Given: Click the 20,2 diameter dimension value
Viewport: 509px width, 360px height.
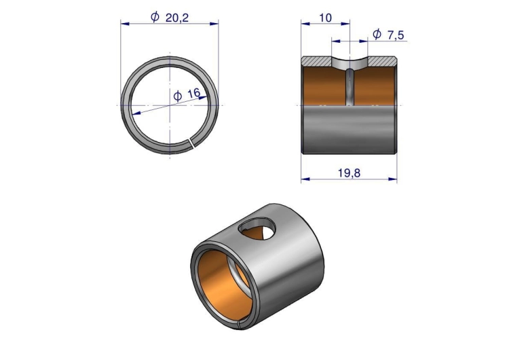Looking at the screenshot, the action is pyautogui.click(x=177, y=18).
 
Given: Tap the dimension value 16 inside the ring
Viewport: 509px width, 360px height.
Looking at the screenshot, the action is pyautogui.click(x=194, y=94).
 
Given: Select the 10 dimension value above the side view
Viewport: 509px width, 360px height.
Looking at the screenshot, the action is pyautogui.click(x=325, y=18).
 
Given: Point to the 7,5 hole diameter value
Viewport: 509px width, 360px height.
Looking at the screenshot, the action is pyautogui.click(x=396, y=35).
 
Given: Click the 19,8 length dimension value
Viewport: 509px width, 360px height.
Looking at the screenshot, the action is pyautogui.click(x=349, y=173).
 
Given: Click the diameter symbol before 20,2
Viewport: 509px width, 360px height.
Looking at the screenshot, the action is pyautogui.click(x=155, y=17).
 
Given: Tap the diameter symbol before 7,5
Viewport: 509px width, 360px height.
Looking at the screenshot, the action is pyautogui.click(x=377, y=34).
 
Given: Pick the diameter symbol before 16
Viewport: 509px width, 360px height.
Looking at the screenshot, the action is pyautogui.click(x=178, y=96).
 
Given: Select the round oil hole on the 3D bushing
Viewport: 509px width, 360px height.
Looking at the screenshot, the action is pyautogui.click(x=257, y=229).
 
